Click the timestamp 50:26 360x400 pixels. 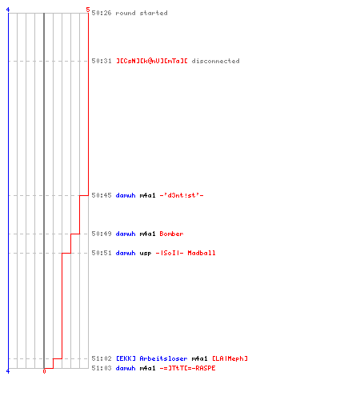tap(102, 13)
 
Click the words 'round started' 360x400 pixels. tap(142, 13)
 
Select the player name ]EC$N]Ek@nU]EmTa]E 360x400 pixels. tap(152, 61)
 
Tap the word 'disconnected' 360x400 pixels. tap(215, 61)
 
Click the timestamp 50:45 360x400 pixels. tap(102, 195)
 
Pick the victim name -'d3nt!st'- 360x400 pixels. tap(182, 195)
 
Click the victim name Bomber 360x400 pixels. tap(171, 234)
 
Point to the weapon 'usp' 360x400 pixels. tap(146, 254)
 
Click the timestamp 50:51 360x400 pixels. tap(102, 253)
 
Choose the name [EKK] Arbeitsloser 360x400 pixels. tap(152, 358)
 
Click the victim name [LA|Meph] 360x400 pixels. tap(230, 358)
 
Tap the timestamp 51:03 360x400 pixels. tap(102, 368)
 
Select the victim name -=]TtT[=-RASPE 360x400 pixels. tap(187, 368)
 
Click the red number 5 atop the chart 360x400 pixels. tap(88, 10)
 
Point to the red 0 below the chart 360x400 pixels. tap(44, 371)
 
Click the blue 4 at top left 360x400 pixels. tap(8, 10)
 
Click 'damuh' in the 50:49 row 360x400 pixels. tap(126, 234)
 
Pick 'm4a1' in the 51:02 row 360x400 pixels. tap(199, 358)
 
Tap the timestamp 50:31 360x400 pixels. tap(102, 61)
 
